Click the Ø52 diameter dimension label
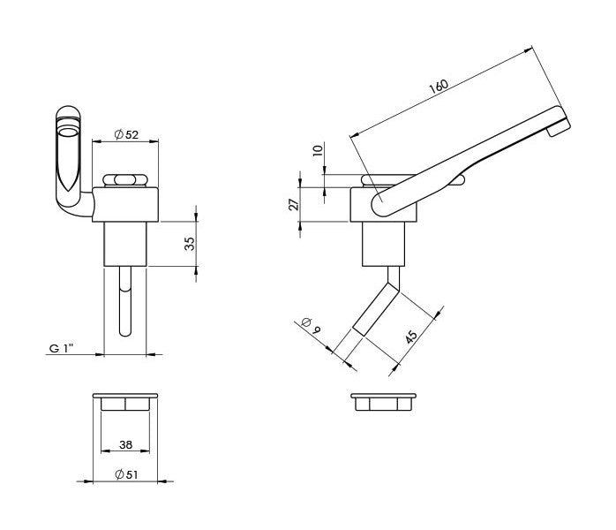click(x=126, y=134)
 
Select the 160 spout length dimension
click(x=439, y=86)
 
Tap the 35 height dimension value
click(x=190, y=244)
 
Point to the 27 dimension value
click(x=294, y=204)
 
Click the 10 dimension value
click(x=318, y=150)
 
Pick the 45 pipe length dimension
click(x=411, y=337)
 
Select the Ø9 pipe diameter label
click(x=312, y=325)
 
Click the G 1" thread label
click(x=61, y=348)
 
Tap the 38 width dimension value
click(x=125, y=444)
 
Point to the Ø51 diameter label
click(x=126, y=474)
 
